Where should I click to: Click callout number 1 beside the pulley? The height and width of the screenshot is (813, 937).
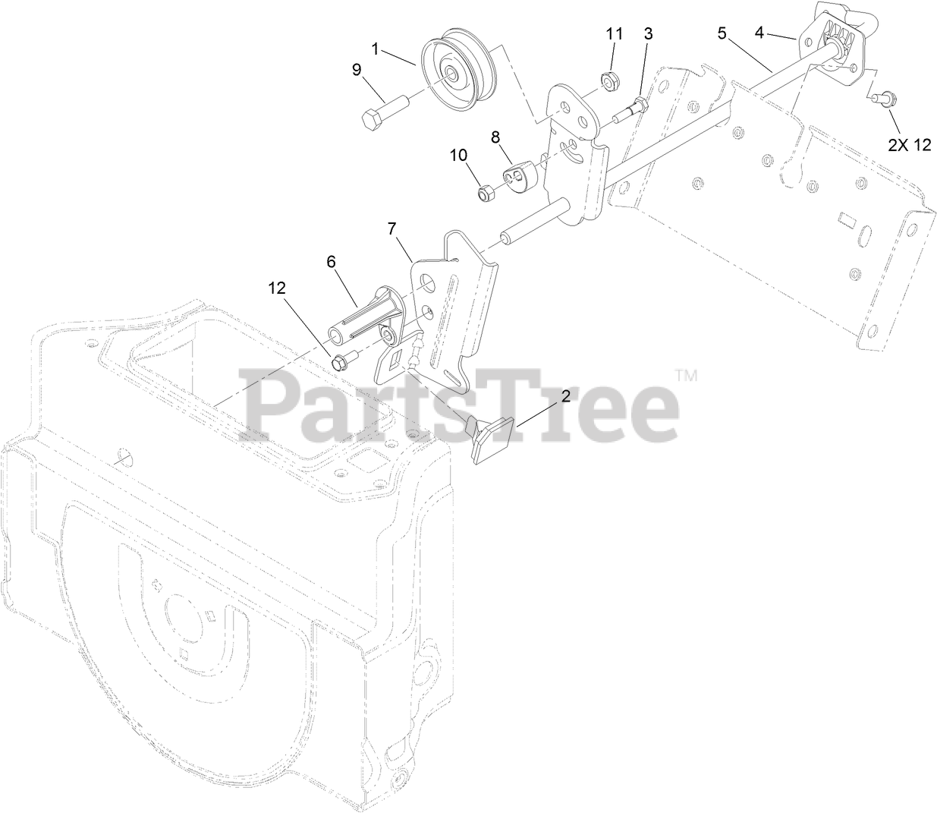click(375, 49)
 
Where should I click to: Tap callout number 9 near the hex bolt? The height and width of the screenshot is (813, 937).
click(356, 71)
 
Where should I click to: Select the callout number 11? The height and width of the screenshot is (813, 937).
click(614, 34)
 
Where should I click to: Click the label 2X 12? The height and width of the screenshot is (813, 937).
click(910, 145)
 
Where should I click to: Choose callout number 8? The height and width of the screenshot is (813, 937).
click(495, 137)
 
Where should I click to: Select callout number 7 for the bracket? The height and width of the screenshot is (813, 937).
click(391, 228)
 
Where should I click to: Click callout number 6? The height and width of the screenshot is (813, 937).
click(331, 260)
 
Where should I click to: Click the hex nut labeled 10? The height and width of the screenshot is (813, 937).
click(487, 193)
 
